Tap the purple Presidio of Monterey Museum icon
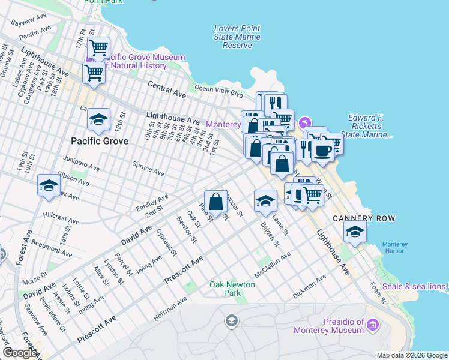click(x=373, y=326)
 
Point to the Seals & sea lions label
click(x=414, y=286)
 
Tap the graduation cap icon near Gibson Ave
click(x=49, y=185)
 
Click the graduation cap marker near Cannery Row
click(x=355, y=232)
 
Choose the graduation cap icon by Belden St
click(x=265, y=201)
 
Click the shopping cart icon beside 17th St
click(x=98, y=47)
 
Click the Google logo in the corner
click(x=20, y=353)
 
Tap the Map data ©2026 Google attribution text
click(x=411, y=355)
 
